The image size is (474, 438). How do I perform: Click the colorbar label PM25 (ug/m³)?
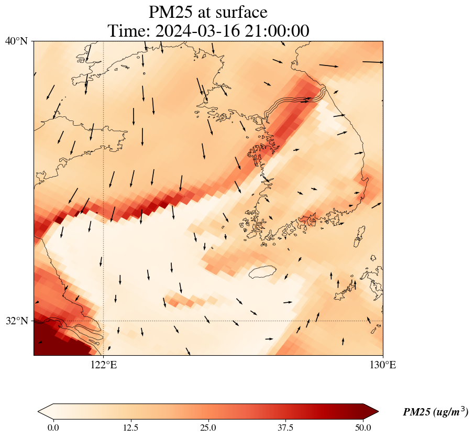point(435,412)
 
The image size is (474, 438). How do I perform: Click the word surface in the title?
point(239,12)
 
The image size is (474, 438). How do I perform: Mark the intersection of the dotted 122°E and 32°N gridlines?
point(104,321)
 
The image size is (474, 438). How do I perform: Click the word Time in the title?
point(128,31)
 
